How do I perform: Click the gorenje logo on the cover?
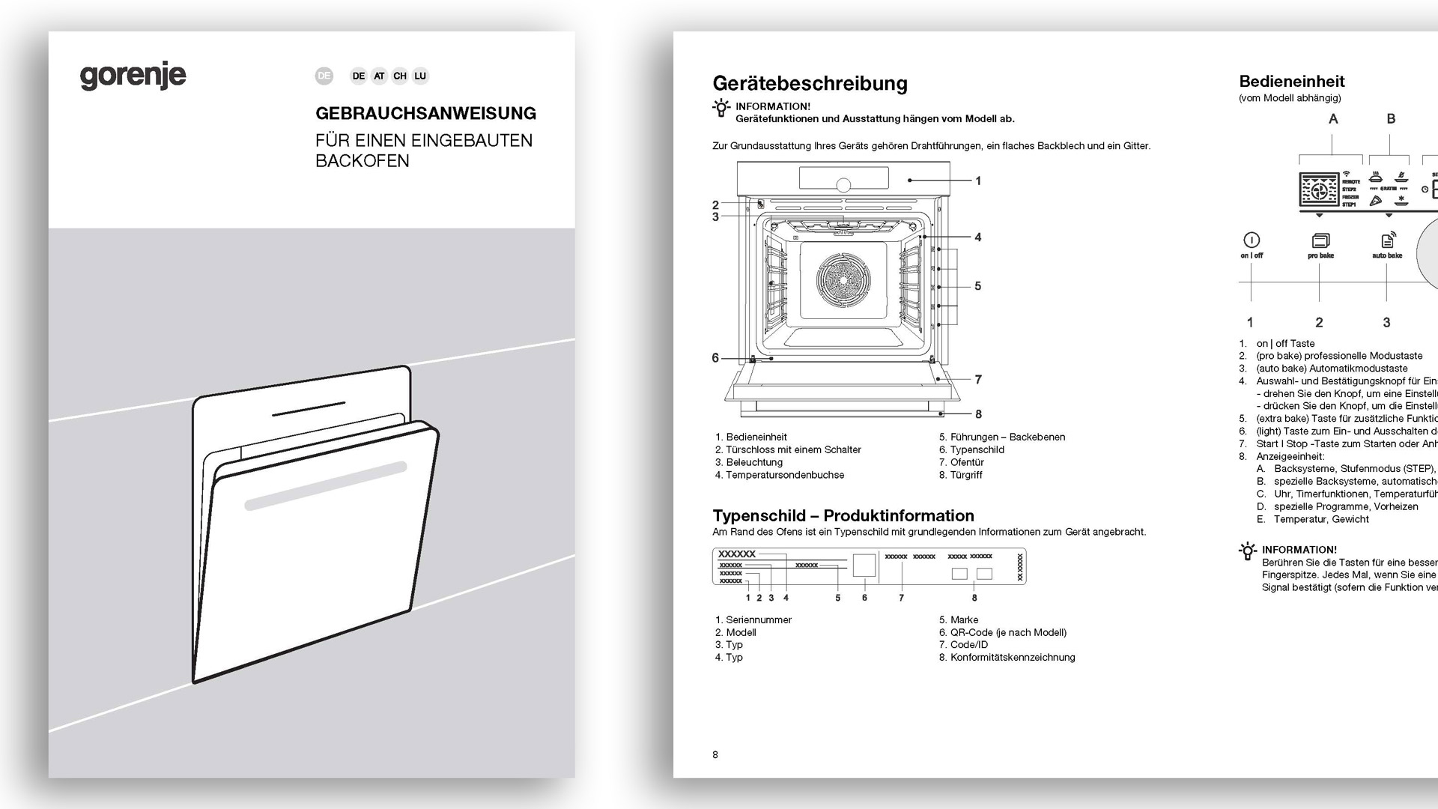133,76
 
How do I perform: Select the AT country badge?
379,76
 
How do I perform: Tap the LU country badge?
420,76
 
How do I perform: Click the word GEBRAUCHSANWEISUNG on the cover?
425,114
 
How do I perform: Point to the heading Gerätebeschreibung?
810,83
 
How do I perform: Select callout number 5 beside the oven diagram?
977,286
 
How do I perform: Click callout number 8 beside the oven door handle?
978,414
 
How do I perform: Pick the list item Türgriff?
966,475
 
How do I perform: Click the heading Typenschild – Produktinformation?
843,515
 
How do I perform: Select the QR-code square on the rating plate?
864,566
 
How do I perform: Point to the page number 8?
715,755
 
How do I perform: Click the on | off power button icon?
1252,240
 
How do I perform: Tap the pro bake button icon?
1320,240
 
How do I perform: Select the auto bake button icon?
1387,240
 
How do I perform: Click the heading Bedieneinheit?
1292,82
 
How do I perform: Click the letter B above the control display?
1391,118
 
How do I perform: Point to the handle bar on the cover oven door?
325,486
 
